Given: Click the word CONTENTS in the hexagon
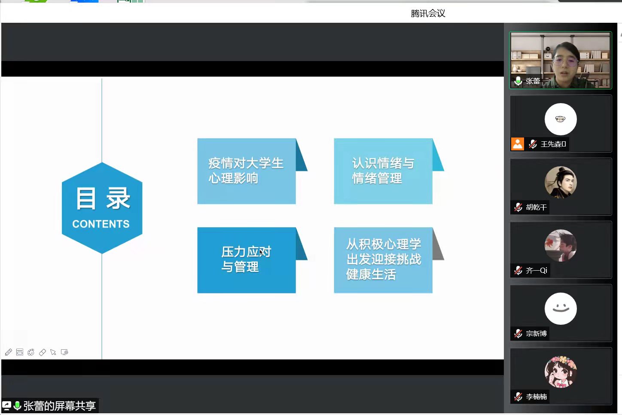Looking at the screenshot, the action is pyautogui.click(x=101, y=224).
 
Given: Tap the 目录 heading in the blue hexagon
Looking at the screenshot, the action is pyautogui.click(x=103, y=198).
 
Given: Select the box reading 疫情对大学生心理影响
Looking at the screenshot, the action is pyautogui.click(x=246, y=171).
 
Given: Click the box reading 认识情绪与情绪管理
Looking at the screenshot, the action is pyautogui.click(x=383, y=171).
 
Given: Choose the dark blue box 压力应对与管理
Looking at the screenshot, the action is pyautogui.click(x=246, y=260).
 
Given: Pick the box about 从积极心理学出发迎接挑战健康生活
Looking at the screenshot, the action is pyautogui.click(x=383, y=260).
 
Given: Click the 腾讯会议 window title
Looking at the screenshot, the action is pyautogui.click(x=428, y=13).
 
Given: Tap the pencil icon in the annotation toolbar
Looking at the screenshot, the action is pyautogui.click(x=8, y=352).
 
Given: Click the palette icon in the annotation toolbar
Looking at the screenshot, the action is pyautogui.click(x=31, y=352).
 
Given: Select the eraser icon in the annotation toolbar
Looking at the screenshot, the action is pyautogui.click(x=42, y=352).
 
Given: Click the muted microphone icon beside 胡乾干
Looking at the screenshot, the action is pyautogui.click(x=518, y=207).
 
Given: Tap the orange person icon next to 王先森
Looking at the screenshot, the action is pyautogui.click(x=518, y=144).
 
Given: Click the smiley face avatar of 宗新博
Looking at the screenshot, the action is pyautogui.click(x=561, y=308).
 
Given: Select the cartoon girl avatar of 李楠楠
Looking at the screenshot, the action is pyautogui.click(x=561, y=372).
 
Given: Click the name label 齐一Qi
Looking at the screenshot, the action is pyautogui.click(x=536, y=270).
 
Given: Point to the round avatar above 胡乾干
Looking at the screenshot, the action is pyautogui.click(x=561, y=182).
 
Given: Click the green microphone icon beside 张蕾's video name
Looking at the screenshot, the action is pyautogui.click(x=518, y=81).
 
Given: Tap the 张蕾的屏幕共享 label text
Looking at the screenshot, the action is pyautogui.click(x=59, y=406).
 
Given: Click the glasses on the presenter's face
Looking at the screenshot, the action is pyautogui.click(x=565, y=61).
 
